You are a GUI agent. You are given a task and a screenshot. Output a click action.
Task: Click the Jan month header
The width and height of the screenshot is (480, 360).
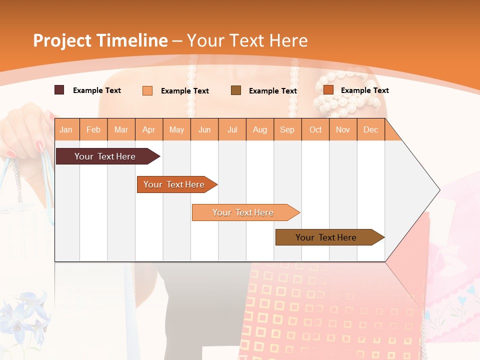[66, 130]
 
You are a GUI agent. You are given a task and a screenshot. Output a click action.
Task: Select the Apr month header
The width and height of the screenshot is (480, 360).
[148, 130]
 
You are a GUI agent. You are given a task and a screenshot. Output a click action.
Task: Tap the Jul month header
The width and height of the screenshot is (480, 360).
[232, 130]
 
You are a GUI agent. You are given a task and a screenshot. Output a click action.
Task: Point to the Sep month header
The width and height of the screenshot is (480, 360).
[287, 130]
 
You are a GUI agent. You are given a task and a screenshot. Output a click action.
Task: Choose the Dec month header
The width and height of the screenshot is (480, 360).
[370, 130]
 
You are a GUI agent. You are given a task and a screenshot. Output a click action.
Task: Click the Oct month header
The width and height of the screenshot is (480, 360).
[315, 130]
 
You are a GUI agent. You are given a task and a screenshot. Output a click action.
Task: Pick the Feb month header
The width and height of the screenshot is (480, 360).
[93, 130]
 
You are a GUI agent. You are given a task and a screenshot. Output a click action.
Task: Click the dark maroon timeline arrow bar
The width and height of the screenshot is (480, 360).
[105, 156]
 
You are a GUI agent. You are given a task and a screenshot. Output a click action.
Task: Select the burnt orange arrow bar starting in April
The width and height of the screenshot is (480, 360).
[174, 184]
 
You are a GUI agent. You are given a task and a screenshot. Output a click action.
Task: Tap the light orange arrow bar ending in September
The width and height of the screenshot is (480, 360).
[243, 212]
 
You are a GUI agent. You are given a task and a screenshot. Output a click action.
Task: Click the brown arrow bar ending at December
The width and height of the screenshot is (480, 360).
[326, 237]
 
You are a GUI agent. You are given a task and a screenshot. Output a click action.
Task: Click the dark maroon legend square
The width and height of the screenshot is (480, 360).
[59, 90]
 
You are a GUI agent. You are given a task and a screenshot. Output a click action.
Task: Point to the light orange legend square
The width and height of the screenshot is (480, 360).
[147, 90]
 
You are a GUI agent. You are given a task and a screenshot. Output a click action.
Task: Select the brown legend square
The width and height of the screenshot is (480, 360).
[236, 90]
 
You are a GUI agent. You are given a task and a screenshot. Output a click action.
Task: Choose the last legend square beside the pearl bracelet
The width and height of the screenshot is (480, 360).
[328, 90]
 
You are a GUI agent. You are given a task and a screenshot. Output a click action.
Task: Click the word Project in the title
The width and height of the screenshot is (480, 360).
[62, 40]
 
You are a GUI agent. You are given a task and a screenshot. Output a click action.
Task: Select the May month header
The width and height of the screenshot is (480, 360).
[176, 130]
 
